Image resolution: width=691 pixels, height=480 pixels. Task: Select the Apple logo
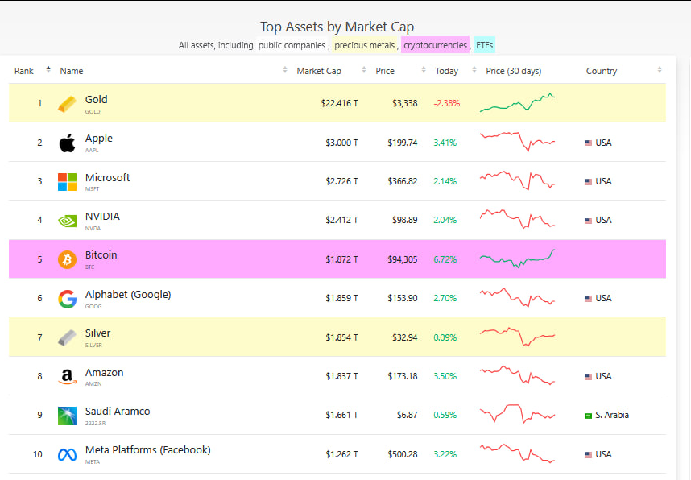click(67, 143)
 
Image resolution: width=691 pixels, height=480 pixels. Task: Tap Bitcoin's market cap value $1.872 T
click(341, 259)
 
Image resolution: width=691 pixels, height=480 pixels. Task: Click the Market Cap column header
click(319, 71)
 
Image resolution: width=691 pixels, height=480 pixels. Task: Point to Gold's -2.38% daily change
click(446, 103)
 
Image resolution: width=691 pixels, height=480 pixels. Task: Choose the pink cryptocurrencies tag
click(435, 45)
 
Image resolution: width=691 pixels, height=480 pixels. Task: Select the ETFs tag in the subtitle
click(485, 45)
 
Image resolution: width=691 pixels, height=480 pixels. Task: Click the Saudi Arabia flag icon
click(588, 416)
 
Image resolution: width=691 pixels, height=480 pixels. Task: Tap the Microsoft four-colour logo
click(67, 182)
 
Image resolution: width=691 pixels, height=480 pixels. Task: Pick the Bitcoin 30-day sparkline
click(517, 259)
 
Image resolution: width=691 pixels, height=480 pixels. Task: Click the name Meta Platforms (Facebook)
click(147, 450)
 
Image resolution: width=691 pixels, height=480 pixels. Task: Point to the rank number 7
click(39, 337)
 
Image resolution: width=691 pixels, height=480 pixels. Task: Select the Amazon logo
click(67, 377)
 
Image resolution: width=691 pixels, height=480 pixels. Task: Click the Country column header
click(601, 71)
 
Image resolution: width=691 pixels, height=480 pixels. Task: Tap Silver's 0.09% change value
click(445, 337)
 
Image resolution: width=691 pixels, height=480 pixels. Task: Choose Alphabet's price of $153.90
click(402, 298)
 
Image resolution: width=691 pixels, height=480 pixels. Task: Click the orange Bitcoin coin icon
click(67, 259)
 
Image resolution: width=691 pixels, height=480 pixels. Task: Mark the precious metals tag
click(365, 45)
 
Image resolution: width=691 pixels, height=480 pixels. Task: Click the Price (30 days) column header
click(513, 71)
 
